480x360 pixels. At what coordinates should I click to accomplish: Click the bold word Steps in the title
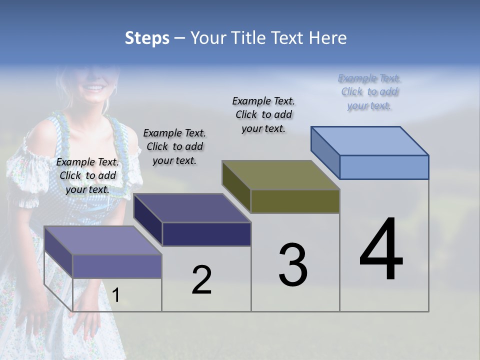tap(147, 38)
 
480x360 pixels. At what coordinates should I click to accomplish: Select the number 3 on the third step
tap(293, 265)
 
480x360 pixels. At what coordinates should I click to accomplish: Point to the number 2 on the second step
tap(201, 280)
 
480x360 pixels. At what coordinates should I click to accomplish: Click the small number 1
tap(115, 295)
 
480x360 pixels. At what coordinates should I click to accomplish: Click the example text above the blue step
tap(369, 92)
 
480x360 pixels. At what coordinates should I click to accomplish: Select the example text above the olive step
tap(263, 114)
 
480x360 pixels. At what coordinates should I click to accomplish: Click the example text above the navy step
tap(174, 146)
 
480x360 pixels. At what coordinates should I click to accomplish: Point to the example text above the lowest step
tap(87, 175)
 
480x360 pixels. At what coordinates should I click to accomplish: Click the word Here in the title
tap(328, 38)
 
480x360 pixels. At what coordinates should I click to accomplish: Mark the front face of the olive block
tap(295, 201)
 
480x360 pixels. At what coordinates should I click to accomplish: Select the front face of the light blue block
tap(384, 167)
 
